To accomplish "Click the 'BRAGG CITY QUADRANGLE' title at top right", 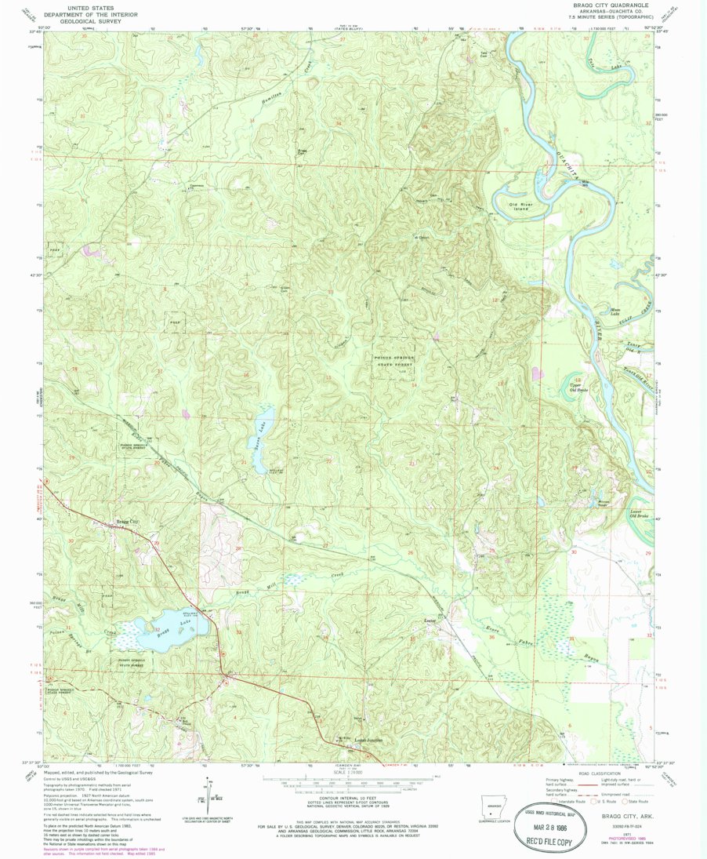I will (x=615, y=5).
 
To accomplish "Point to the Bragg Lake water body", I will (x=161, y=632).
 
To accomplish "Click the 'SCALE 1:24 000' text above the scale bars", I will (x=353, y=774).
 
